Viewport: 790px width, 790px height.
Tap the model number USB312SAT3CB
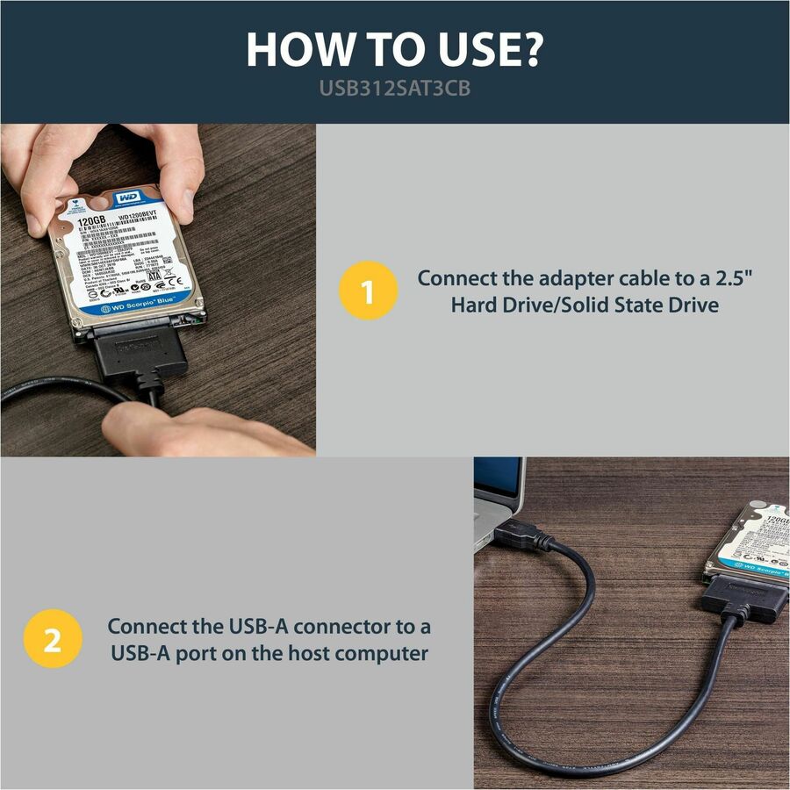click(394, 90)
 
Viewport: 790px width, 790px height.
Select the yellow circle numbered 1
click(367, 292)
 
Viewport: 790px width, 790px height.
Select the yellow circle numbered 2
click(52, 640)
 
